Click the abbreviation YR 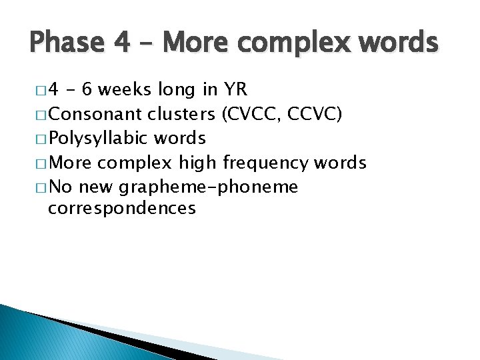(236, 90)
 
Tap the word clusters (181, 114)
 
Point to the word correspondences (122, 208)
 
